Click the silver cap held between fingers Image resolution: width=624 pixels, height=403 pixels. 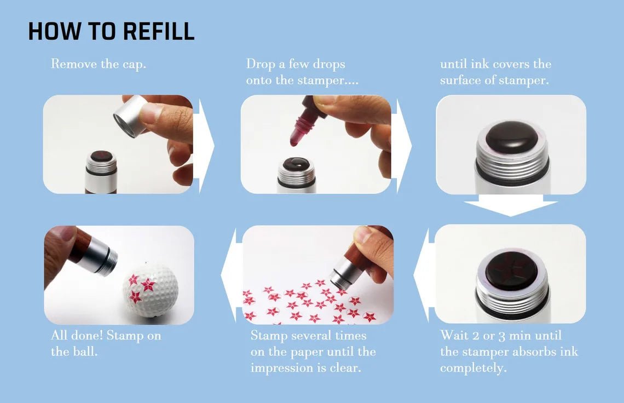(x=130, y=115)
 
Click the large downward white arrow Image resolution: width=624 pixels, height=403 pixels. (x=510, y=208)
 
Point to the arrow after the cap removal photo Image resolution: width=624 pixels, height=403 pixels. (x=204, y=145)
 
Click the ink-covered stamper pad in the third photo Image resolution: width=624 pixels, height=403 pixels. (x=511, y=136)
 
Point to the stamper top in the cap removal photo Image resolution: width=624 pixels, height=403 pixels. (x=101, y=157)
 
